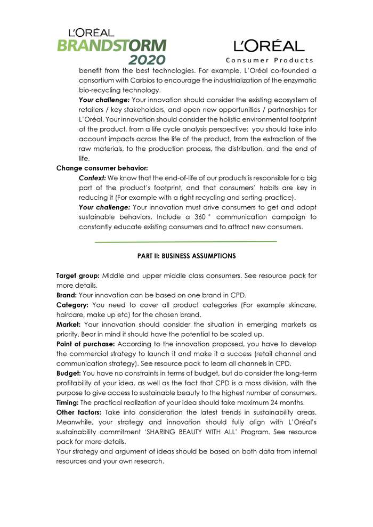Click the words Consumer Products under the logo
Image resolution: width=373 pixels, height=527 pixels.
[270, 60]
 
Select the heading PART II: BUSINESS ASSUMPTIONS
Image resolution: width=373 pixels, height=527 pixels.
[186, 256]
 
